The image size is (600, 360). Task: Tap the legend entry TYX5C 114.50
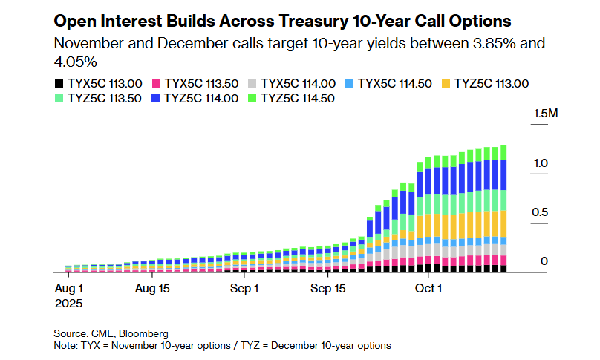(x=394, y=84)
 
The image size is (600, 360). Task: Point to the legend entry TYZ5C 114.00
(x=201, y=98)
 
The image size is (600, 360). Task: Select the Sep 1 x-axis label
(x=244, y=287)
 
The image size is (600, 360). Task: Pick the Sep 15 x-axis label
(x=328, y=287)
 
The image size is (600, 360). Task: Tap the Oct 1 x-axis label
(x=428, y=287)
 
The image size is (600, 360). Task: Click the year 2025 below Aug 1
(x=68, y=303)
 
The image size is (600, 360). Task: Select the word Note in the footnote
(x=65, y=345)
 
